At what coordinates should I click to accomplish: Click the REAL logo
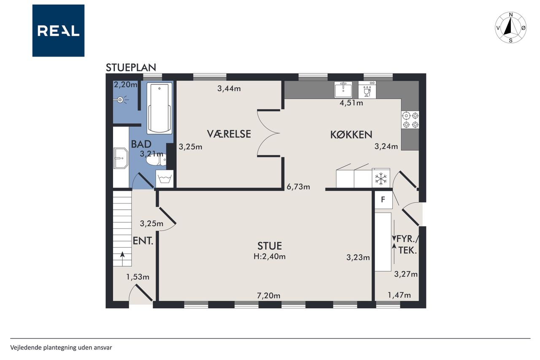pos(58,31)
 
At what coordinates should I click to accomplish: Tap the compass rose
pos(510,27)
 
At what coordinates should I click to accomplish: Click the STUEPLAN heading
pos(131,68)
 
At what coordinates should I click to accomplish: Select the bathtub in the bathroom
pos(159,108)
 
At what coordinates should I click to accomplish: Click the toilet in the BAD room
pos(156,160)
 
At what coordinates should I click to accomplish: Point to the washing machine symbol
pos(165,179)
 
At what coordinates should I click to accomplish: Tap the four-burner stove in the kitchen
pos(410,120)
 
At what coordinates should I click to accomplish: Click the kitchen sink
pos(343,90)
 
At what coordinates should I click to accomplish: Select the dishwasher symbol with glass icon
pos(367,90)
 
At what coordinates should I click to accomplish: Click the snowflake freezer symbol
pos(381,178)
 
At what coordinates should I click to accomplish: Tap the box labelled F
pos(383,200)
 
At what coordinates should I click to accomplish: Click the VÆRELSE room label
pos(229,134)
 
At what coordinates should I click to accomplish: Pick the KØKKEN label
pos(351,135)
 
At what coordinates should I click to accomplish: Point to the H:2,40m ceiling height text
pos(270,256)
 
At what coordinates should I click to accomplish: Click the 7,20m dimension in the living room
pos(269,295)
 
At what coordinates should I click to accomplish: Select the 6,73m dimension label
pos(298,187)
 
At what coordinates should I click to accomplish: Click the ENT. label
pos(143,241)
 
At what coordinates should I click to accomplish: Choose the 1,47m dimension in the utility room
pos(399,295)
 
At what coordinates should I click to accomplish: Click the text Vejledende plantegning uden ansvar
pos(61,348)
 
